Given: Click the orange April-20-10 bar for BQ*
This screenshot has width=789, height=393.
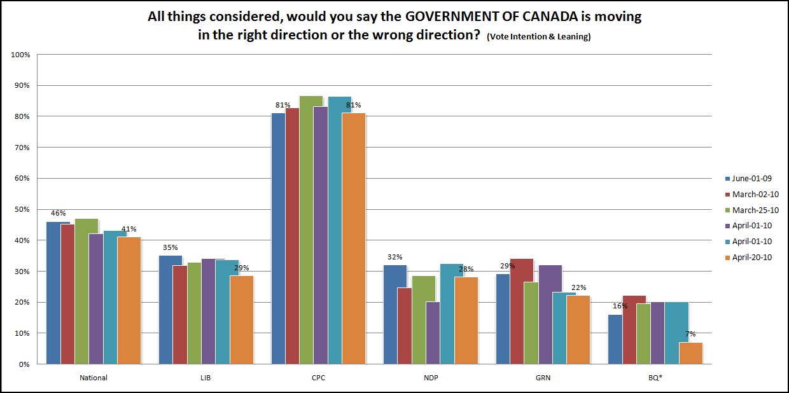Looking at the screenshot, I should [x=690, y=353].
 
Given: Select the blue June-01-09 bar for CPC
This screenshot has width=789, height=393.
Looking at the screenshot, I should [x=278, y=238].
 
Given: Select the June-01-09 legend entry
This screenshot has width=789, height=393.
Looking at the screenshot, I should [x=751, y=178].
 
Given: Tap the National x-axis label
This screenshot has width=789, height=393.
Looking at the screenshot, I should [x=94, y=378].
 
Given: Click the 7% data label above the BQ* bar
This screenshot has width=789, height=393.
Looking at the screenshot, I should [x=690, y=334].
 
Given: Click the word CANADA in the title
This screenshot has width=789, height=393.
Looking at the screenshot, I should [x=556, y=17].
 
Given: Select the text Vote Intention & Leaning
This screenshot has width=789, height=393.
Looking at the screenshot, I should [x=538, y=37].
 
